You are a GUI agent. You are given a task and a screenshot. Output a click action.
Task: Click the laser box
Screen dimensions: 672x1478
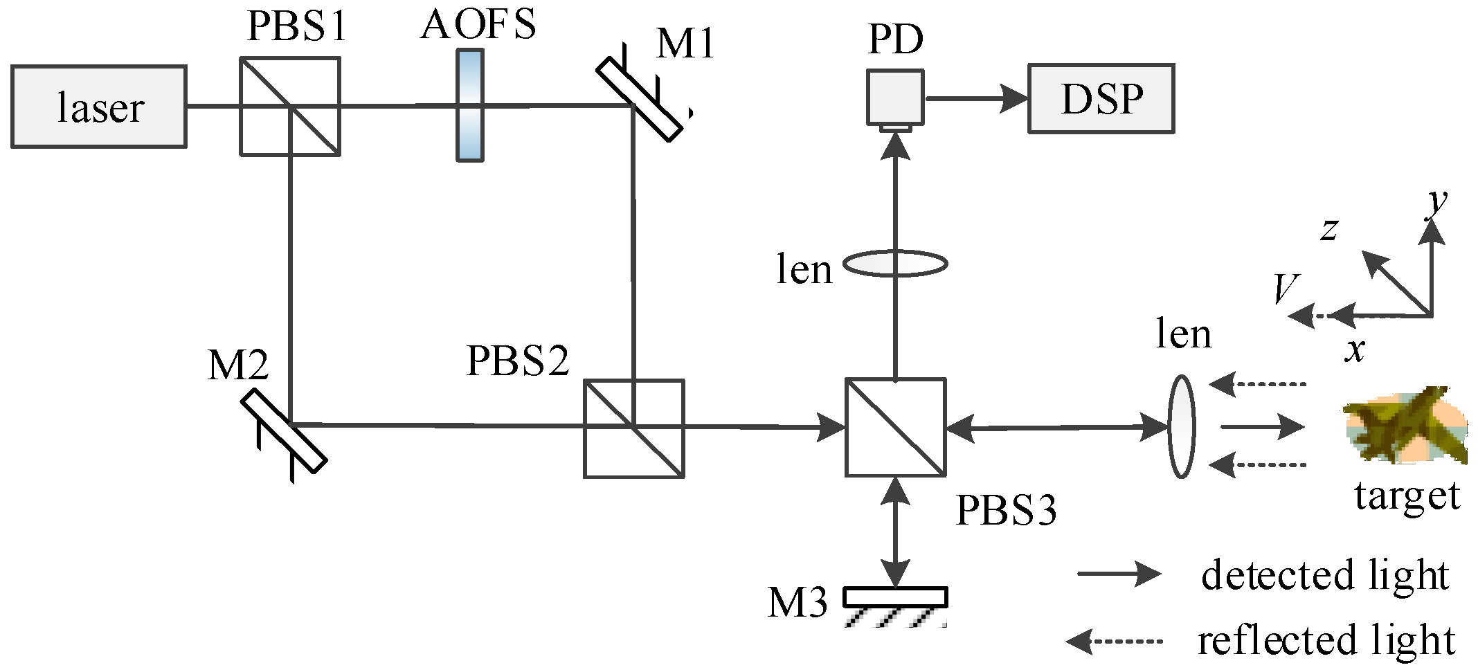coord(99,107)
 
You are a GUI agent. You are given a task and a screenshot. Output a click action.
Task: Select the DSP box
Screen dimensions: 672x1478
coord(1101,98)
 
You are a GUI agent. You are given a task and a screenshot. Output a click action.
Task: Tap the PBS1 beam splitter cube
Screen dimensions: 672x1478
coord(290,107)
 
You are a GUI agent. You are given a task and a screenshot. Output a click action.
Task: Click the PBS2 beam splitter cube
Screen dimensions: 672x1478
coord(633,428)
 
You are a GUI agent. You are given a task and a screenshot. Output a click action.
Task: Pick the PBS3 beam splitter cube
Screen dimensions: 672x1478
coord(896,427)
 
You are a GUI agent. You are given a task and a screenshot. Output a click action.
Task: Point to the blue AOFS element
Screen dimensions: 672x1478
coord(470,105)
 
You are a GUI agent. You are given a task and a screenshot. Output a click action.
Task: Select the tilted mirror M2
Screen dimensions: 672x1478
coord(285,430)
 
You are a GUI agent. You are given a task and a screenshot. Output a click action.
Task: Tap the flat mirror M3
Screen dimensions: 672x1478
coord(895,597)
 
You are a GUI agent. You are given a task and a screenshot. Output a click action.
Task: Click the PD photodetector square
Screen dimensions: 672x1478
coord(896,97)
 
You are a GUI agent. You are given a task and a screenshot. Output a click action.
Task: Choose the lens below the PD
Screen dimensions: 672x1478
coord(895,264)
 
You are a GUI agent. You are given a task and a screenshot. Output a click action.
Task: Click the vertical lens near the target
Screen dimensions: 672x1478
coord(1181,427)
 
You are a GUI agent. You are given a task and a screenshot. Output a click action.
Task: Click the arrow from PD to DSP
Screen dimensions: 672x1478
coord(976,98)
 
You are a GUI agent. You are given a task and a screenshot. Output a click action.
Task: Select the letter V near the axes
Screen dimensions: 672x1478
coord(1286,289)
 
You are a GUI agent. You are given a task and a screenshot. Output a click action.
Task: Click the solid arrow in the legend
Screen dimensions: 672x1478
coord(1118,574)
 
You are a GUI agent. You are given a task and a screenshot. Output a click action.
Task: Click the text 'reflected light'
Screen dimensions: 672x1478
coord(1326,640)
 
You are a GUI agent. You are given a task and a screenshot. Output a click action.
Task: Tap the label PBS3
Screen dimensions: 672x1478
coord(1006,511)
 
